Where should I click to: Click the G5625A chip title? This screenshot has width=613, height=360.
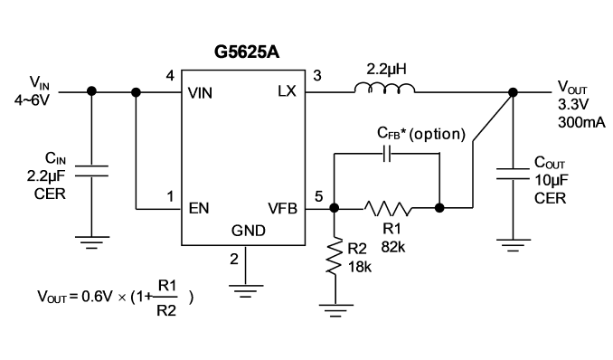(x=247, y=52)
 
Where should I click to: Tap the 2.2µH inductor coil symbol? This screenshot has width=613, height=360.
(x=384, y=89)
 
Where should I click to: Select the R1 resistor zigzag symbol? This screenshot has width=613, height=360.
(x=388, y=209)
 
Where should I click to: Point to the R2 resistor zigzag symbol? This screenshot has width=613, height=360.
(x=335, y=256)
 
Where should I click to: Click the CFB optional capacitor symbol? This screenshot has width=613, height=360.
(x=387, y=154)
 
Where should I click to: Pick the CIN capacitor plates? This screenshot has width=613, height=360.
(x=91, y=171)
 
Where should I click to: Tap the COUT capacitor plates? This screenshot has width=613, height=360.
(x=513, y=174)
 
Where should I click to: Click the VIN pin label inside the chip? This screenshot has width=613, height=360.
(x=200, y=93)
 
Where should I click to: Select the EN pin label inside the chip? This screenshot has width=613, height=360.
(x=199, y=209)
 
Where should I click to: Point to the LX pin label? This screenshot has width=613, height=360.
(x=287, y=91)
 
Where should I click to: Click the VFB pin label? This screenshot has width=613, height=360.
(x=283, y=209)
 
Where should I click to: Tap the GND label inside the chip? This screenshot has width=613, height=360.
(x=249, y=231)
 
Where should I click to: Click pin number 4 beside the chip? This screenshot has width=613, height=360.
(x=170, y=75)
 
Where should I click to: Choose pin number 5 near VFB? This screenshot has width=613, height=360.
(x=319, y=196)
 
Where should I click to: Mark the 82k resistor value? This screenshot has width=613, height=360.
(x=393, y=247)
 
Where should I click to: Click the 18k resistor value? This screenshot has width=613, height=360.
(x=360, y=267)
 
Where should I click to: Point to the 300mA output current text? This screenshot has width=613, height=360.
(x=581, y=122)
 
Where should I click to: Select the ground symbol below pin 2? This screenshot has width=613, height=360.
(x=246, y=291)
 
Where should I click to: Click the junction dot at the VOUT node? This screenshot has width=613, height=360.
(x=513, y=92)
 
